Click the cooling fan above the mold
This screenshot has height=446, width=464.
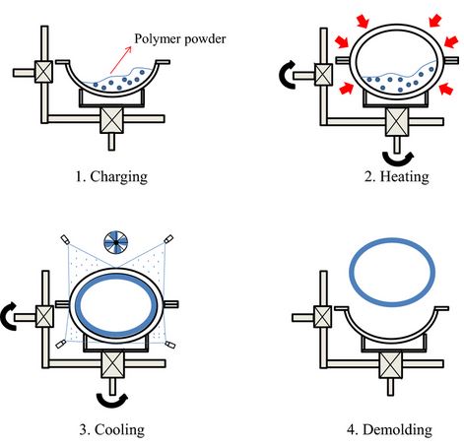(x=116, y=241)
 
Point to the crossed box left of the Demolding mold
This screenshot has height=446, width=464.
(x=323, y=317)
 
